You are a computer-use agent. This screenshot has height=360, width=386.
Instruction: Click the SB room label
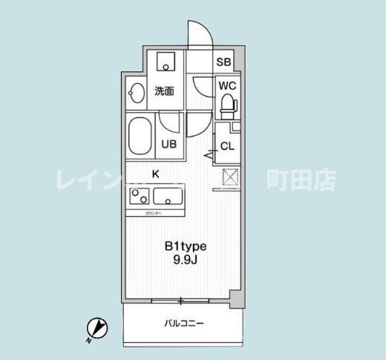223,62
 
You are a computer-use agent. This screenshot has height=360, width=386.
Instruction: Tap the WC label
227,85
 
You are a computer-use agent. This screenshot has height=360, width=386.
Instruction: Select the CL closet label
227,145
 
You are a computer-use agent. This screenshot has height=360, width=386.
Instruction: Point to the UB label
169,145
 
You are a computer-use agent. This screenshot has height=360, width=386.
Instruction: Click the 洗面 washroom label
164,91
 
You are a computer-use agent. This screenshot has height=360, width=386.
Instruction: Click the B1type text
185,246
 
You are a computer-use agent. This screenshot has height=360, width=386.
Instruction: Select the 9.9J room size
185,260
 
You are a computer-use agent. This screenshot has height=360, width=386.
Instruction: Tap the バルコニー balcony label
183,324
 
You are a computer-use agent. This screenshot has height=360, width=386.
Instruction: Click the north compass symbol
96,327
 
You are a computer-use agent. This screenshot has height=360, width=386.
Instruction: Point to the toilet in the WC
228,105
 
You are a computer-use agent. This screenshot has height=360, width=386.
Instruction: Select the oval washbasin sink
136,93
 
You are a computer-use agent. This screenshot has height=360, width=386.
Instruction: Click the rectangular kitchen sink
169,197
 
